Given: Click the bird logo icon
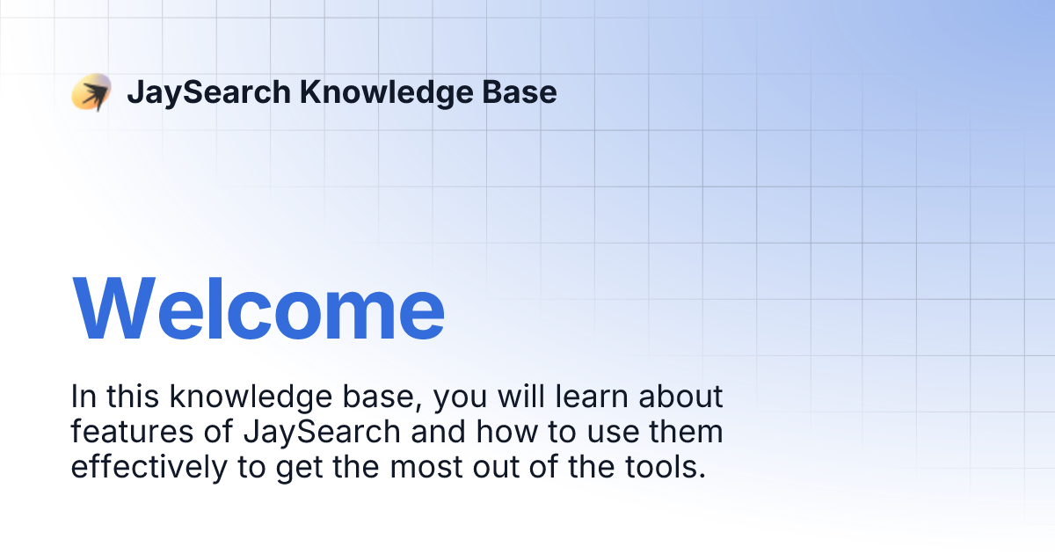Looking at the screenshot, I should (91, 92).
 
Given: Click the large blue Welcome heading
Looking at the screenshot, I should (258, 310).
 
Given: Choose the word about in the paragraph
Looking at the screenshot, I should (680, 397).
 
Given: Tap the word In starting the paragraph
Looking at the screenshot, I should (83, 397).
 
